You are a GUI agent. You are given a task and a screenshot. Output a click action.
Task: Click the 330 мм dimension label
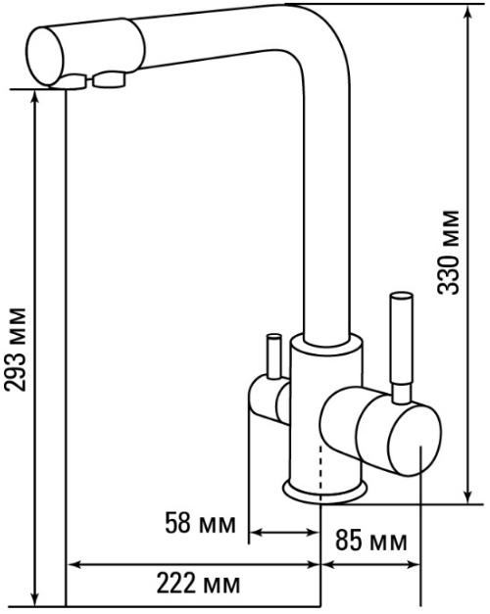coord(448,253)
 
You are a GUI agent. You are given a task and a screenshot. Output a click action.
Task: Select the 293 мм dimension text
coord(16,350)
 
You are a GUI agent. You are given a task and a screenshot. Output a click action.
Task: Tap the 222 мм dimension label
coord(198,584)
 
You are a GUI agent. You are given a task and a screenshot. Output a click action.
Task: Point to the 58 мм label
coord(200,523)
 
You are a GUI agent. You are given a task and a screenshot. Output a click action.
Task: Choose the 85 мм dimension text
coord(370,542)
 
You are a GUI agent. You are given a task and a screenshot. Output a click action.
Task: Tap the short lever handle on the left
coord(272,355)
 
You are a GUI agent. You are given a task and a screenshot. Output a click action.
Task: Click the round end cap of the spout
coord(45,56)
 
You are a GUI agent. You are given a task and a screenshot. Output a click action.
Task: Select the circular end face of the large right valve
coord(415,440)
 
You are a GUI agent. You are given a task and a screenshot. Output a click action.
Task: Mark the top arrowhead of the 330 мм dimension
coord(466,12)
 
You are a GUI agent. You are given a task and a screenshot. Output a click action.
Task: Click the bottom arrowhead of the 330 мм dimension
coord(466,496)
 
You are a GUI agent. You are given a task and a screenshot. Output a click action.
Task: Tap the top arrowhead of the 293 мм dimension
coord(35,98)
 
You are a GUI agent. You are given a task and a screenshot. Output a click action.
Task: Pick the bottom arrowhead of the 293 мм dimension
coord(35,598)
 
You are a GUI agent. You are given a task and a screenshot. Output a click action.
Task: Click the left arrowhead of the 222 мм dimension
coord(75,565)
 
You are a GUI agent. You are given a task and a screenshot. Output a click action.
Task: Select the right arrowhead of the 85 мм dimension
coord(413,565)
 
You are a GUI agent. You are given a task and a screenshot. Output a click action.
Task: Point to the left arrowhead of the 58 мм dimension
coord(257,532)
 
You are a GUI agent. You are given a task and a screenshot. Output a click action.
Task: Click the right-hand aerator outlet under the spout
coord(110,80)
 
